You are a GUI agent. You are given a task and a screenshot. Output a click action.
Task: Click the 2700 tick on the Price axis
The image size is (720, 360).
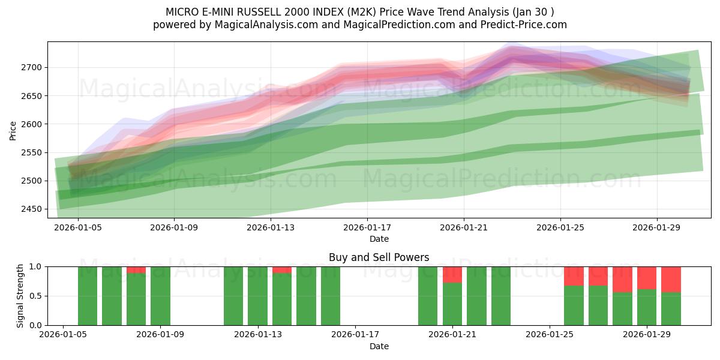(31, 67)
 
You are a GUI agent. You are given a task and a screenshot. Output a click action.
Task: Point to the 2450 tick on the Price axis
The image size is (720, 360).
(31, 209)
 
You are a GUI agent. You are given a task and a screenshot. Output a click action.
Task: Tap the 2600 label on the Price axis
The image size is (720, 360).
(31, 124)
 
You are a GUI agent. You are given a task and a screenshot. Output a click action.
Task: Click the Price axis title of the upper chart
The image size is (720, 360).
(13, 130)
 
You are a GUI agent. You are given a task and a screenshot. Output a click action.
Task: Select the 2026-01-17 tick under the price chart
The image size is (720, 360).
(367, 227)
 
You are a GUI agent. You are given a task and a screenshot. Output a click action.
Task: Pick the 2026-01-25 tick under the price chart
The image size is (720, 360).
(560, 227)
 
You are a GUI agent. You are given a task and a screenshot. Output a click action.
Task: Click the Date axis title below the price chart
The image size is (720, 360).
(379, 239)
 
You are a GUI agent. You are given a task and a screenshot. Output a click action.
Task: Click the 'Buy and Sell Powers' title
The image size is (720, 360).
(379, 257)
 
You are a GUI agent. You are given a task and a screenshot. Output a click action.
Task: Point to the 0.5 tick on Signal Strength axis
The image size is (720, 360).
(35, 296)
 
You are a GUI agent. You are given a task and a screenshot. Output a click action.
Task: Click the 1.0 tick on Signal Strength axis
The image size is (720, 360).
(35, 266)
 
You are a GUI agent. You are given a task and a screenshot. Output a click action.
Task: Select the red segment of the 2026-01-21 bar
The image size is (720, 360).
(452, 274)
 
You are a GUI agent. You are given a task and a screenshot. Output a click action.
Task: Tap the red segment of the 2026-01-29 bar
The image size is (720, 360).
(647, 278)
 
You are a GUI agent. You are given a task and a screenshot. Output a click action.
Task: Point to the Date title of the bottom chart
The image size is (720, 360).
(379, 346)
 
